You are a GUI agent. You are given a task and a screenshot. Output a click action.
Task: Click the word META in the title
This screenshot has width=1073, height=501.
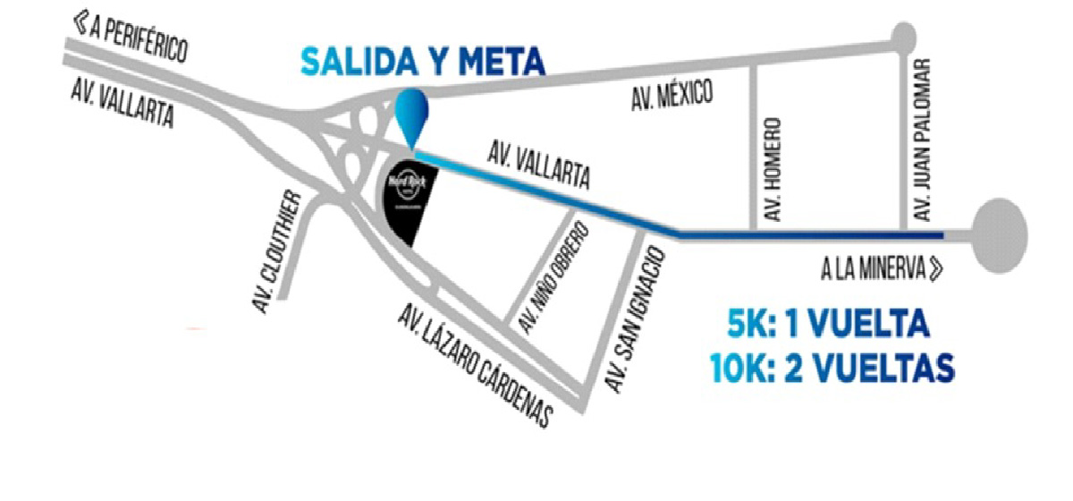(x=502, y=62)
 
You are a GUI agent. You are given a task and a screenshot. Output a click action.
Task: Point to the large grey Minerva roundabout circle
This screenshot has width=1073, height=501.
(x=1000, y=234)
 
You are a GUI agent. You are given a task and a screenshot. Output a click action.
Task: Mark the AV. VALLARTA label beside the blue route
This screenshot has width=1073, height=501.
(x=538, y=163)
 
